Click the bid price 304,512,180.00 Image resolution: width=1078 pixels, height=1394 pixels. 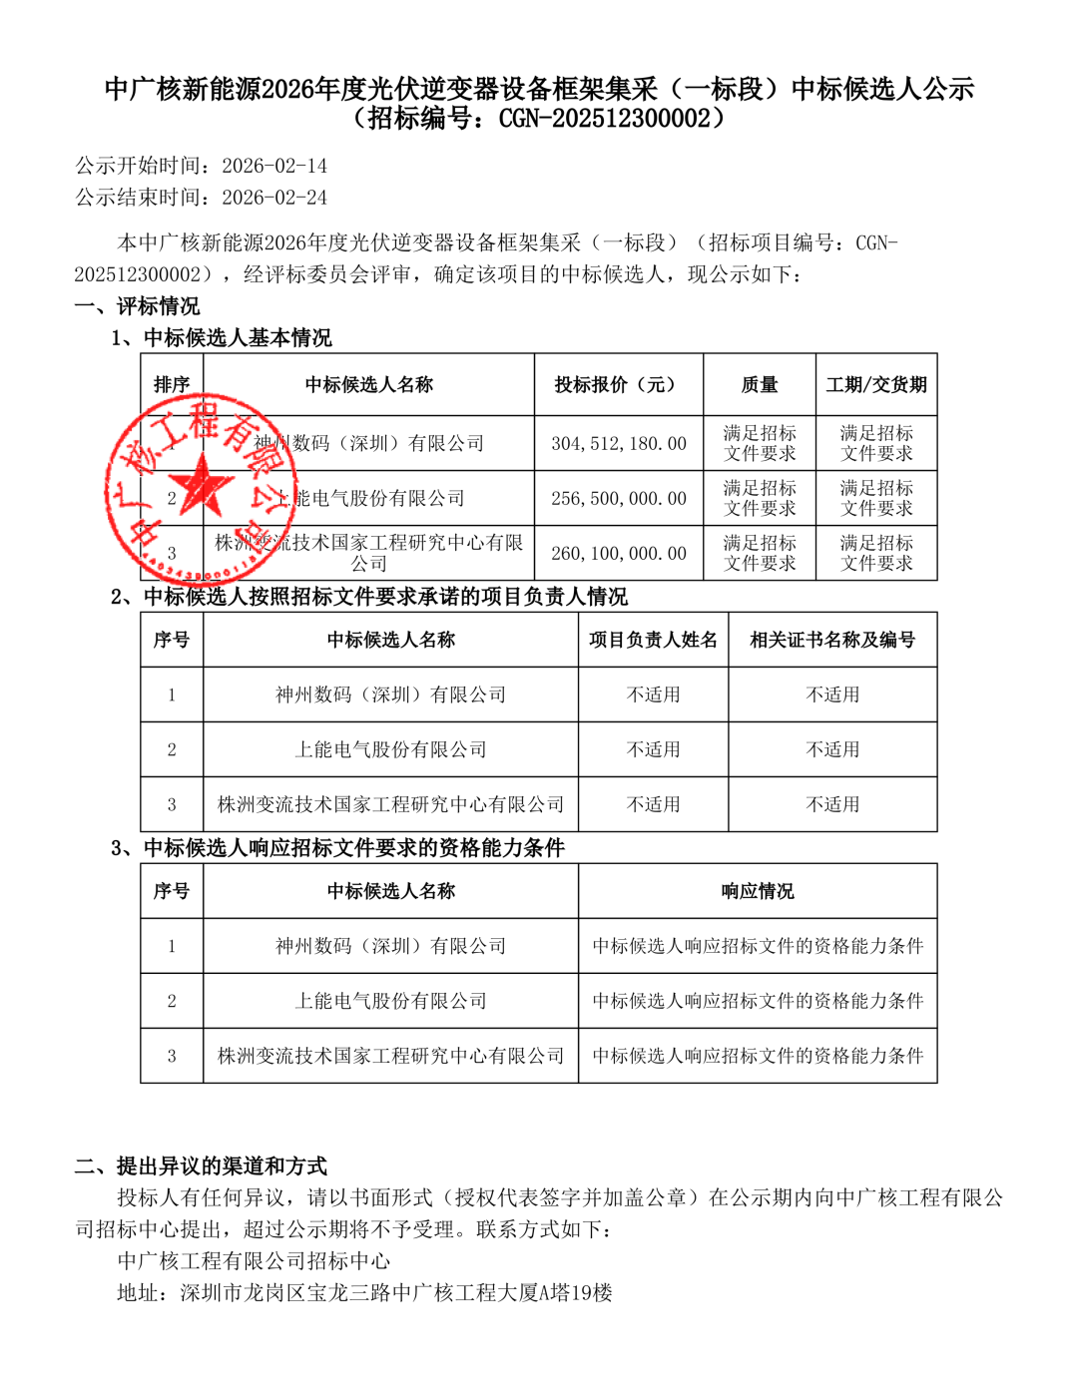(619, 443)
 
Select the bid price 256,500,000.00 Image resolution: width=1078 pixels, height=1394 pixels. (619, 498)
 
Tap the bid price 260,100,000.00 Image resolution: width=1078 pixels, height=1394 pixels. (619, 553)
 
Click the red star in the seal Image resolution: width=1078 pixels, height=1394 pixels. (206, 486)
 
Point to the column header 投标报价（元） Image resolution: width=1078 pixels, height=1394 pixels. (618, 384)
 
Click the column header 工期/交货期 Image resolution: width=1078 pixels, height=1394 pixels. (876, 384)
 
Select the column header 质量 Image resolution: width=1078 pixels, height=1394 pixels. (760, 384)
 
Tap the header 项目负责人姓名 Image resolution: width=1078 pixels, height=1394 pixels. (653, 640)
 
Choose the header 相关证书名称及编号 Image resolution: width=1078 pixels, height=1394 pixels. (832, 640)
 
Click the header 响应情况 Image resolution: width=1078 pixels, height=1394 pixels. (758, 891)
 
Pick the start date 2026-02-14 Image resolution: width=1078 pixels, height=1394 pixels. (274, 166)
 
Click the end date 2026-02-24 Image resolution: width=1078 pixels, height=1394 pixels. (274, 198)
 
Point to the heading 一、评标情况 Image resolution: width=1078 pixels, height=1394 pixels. (137, 306)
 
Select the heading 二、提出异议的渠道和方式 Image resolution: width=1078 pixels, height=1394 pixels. (201, 1165)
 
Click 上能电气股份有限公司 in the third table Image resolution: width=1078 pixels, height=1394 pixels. (390, 1001)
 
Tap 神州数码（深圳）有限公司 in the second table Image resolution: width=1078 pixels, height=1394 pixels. (390, 695)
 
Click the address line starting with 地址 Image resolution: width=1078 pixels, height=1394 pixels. (364, 1293)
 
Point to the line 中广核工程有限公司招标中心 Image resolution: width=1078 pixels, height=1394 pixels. (254, 1261)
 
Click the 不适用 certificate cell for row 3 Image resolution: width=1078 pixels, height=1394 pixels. (832, 804)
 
